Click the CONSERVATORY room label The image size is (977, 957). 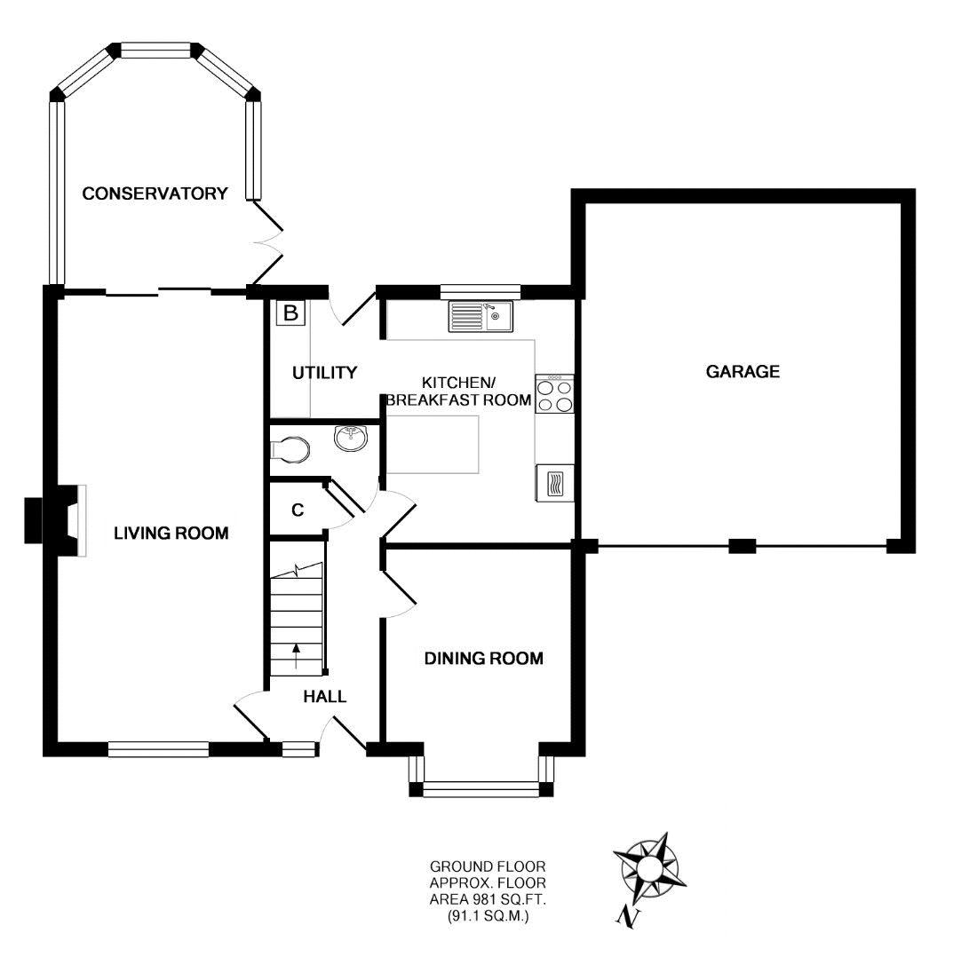(155, 194)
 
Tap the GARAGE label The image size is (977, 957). (743, 372)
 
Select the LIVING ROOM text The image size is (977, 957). (171, 534)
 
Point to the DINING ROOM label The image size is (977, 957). (483, 659)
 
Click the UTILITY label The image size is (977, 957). (324, 373)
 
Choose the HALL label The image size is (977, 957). (324, 697)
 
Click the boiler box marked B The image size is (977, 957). (290, 313)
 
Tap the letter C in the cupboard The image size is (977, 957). (298, 510)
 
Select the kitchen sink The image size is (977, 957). (481, 316)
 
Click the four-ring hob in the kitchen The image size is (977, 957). (555, 393)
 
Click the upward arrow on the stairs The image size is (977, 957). (296, 658)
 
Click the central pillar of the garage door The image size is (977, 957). (742, 546)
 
